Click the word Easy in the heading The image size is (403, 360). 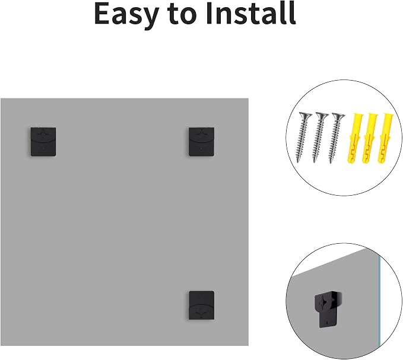coord(126,14)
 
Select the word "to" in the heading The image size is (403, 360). coord(182,15)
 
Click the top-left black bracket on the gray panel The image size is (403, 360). coord(43,142)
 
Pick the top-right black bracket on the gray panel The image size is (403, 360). coord(202,142)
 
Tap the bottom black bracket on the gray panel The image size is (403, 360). coord(202,305)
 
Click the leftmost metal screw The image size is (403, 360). coord(303,138)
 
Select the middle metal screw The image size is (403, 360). coord(319,138)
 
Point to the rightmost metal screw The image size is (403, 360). coord(335,138)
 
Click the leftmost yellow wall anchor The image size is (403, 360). coord(355,138)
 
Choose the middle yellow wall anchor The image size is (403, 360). coord(370,138)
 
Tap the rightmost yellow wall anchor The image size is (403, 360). coord(385,138)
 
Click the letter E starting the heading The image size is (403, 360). coord(103,14)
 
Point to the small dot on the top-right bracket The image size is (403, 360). coord(201,149)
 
